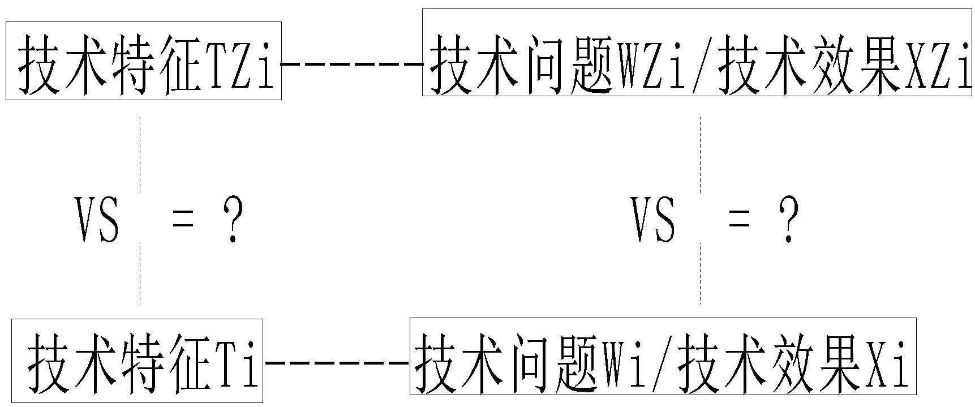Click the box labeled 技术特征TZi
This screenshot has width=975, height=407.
(x=144, y=61)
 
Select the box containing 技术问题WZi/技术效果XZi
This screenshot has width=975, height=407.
(x=697, y=52)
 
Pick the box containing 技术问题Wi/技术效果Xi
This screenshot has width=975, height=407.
(x=663, y=357)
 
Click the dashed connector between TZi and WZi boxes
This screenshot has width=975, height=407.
(x=352, y=64)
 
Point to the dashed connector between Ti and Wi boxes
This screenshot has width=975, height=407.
(x=336, y=362)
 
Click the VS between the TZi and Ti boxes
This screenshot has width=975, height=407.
(x=97, y=220)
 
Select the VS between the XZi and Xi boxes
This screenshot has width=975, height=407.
(x=654, y=220)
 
